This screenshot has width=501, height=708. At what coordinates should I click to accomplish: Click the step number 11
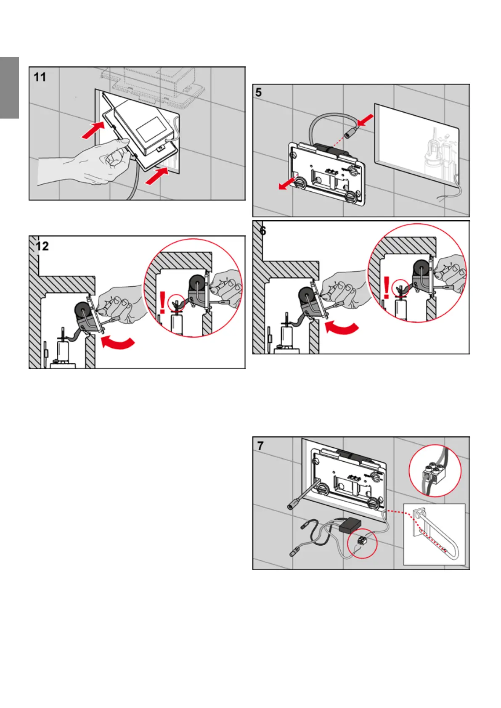[x=40, y=77]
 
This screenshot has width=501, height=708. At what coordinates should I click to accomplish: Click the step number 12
[x=42, y=246]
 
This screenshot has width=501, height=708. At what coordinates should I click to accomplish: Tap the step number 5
[x=259, y=92]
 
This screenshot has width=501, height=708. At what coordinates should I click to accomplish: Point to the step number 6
[x=263, y=230]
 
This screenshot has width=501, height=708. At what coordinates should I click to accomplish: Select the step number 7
[x=260, y=446]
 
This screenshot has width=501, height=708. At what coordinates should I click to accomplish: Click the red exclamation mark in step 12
[x=163, y=303]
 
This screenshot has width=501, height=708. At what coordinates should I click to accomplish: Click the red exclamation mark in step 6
[x=387, y=288]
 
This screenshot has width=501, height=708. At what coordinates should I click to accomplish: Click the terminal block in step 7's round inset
[x=433, y=473]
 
